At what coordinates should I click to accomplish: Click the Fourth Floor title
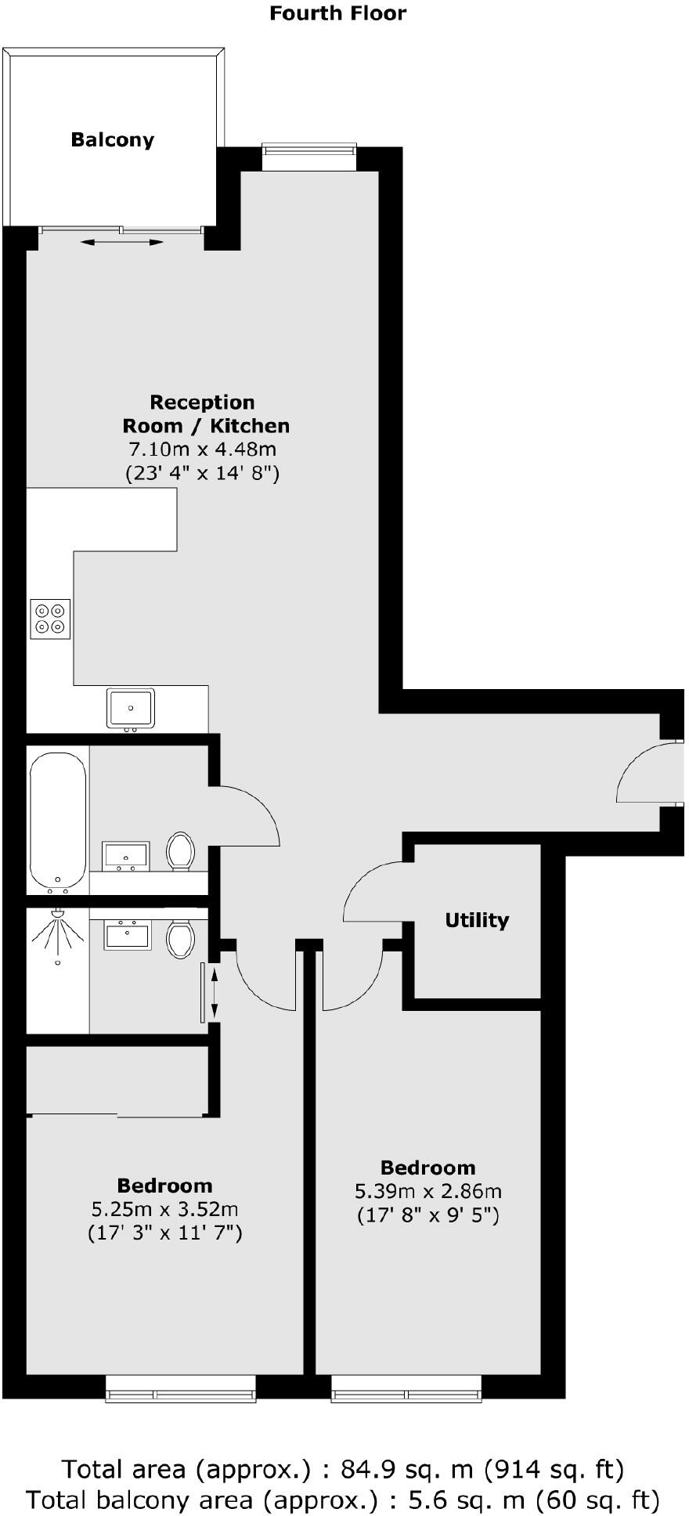pyautogui.click(x=338, y=13)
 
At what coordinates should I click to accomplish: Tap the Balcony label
pyautogui.click(x=113, y=139)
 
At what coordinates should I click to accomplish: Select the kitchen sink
pyautogui.click(x=131, y=708)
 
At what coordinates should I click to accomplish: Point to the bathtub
pyautogui.click(x=58, y=820)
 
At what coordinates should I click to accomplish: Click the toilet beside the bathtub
pyautogui.click(x=180, y=851)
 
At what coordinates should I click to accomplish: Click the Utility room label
pyautogui.click(x=477, y=920)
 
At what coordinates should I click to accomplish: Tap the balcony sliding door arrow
pyautogui.click(x=122, y=243)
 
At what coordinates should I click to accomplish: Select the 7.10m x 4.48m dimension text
pyautogui.click(x=202, y=449)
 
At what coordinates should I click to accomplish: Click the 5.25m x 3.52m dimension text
pyautogui.click(x=164, y=1209)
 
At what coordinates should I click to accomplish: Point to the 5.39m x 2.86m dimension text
pyautogui.click(x=428, y=1191)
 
